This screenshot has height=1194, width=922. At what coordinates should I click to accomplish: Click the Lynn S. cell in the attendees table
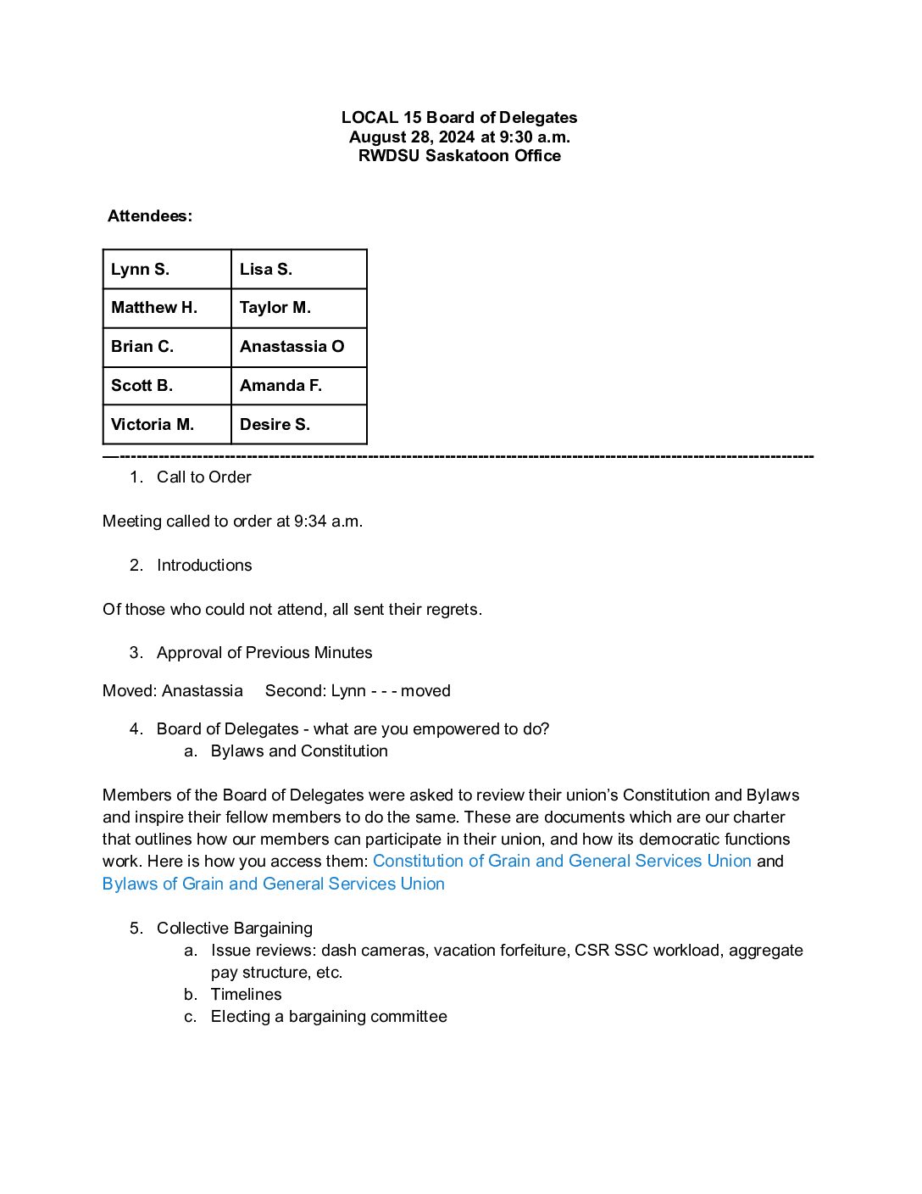[x=167, y=269]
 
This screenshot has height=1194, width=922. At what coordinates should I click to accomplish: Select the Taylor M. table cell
[x=298, y=308]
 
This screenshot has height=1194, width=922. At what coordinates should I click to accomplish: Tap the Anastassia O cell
[x=298, y=347]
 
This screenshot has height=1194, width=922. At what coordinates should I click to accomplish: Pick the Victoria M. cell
[x=167, y=424]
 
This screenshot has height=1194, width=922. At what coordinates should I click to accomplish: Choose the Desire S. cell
[x=298, y=424]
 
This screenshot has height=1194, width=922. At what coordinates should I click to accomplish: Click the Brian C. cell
[x=167, y=347]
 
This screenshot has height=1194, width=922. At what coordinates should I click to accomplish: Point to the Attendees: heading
[x=150, y=216]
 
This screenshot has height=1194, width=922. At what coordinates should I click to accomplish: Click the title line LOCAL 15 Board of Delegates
[x=459, y=118]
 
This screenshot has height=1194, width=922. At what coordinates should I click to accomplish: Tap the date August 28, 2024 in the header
[x=412, y=137]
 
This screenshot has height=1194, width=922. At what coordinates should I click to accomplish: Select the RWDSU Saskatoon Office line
[x=459, y=155]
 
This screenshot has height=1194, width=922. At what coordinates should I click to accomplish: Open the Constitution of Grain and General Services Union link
[x=562, y=861]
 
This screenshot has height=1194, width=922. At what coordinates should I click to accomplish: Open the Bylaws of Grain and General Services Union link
[x=273, y=884]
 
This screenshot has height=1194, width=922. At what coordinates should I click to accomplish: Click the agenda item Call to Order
[x=203, y=477]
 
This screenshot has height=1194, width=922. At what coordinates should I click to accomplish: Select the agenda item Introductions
[x=204, y=566]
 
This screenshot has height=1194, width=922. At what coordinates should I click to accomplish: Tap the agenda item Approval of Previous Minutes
[x=264, y=653]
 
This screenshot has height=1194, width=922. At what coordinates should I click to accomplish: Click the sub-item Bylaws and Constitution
[x=299, y=751]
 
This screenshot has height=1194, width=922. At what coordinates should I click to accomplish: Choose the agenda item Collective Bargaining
[x=235, y=929]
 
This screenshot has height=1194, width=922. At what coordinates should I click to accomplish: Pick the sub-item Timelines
[x=246, y=995]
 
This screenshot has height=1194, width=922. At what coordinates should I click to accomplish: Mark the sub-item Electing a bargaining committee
[x=329, y=1017]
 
